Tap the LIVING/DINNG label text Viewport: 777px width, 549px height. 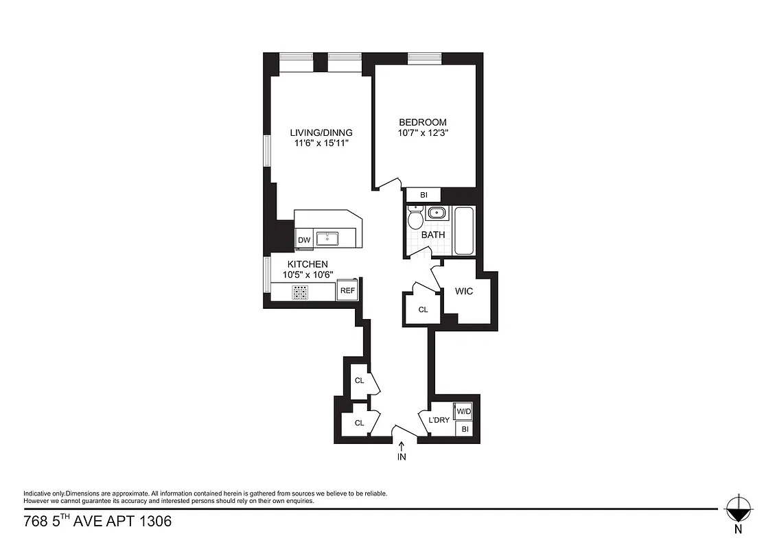point(321,132)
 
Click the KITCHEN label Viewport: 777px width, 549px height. point(307,264)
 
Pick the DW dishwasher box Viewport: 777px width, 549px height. point(304,240)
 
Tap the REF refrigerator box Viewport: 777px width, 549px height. point(348,291)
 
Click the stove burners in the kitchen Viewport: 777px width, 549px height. point(301,293)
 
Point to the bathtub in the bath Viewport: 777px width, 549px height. point(464,231)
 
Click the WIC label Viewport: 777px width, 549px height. point(464,291)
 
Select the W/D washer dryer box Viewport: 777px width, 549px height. point(464,412)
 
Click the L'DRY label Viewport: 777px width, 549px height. point(439,420)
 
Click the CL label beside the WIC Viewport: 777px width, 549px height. point(424,309)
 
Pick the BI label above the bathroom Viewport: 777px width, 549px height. point(424,196)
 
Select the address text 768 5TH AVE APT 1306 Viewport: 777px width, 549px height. point(97,522)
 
